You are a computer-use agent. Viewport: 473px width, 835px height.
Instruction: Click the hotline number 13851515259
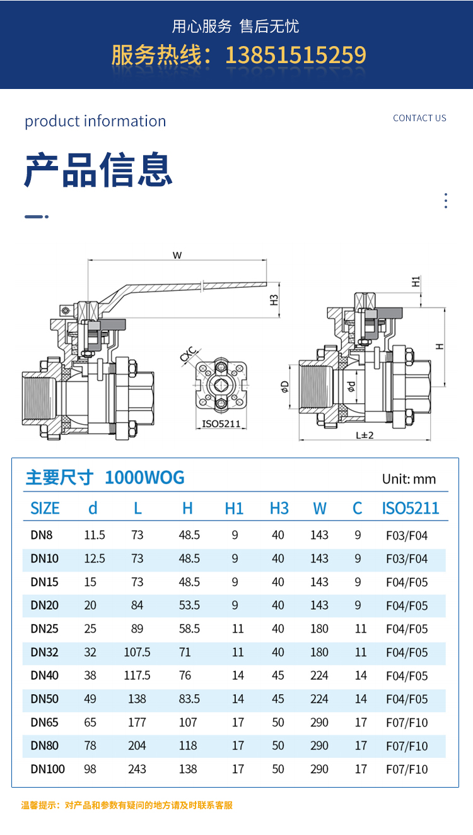[x=296, y=55]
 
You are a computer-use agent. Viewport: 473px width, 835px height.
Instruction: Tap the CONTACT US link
[x=419, y=118]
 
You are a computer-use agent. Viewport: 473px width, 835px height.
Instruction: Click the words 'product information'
[x=95, y=122]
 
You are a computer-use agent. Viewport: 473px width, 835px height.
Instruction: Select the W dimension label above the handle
[x=177, y=256]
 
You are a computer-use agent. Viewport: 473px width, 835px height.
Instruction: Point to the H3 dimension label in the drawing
[x=274, y=300]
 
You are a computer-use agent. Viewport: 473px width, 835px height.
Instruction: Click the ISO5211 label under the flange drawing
[x=221, y=424]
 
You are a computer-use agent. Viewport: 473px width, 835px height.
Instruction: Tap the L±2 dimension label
[x=365, y=435]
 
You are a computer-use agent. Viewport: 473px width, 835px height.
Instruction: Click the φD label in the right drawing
[x=284, y=386]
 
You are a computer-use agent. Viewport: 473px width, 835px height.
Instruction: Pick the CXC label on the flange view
[x=189, y=354]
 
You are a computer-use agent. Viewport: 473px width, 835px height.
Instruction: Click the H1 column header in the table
[x=234, y=509]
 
